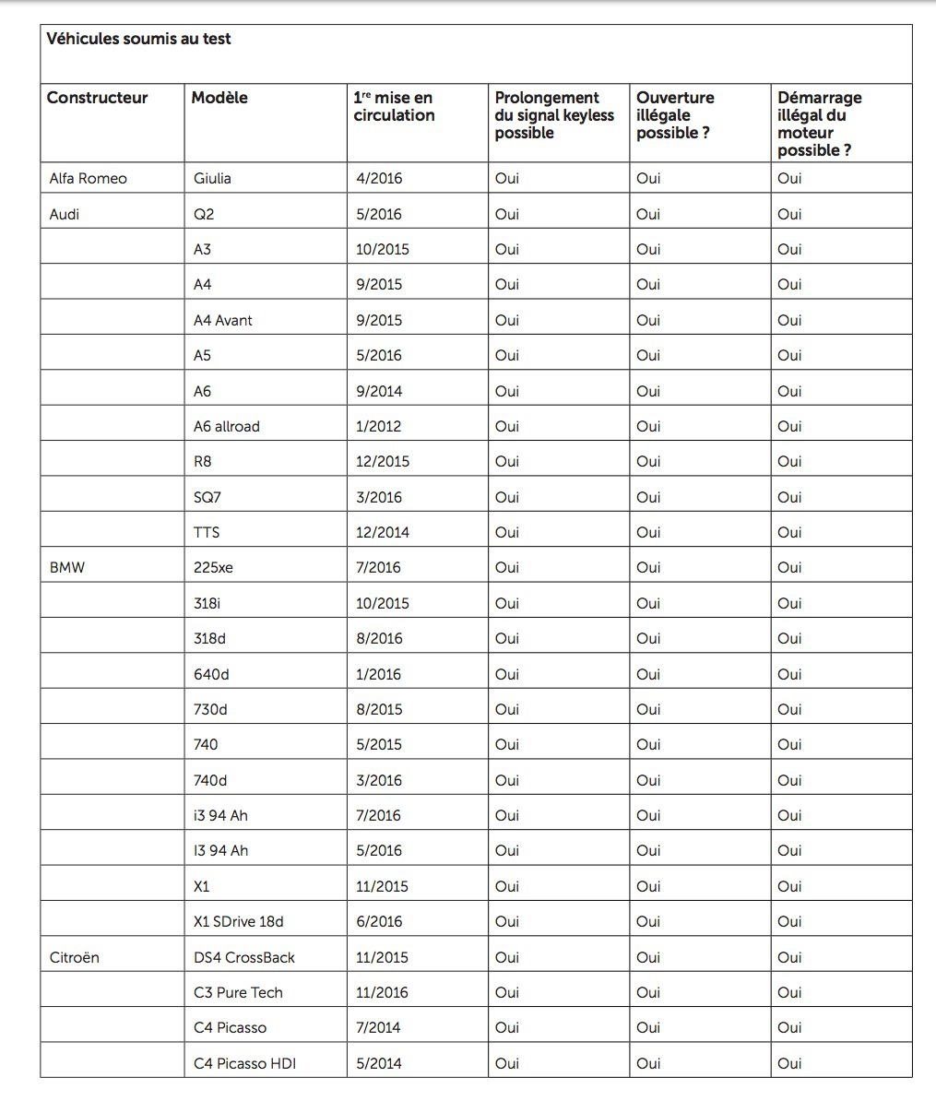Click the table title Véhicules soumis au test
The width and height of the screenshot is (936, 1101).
138,40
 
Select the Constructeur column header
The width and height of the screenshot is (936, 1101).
97,98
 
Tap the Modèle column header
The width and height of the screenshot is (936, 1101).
219,98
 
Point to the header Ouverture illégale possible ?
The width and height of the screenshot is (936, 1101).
675,115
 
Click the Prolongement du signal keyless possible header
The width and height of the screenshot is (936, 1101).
554,115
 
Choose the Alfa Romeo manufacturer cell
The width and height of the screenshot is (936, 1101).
88,179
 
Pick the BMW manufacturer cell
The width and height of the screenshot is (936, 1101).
66,568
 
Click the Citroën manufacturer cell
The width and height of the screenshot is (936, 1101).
74,957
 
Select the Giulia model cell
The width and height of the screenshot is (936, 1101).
212,179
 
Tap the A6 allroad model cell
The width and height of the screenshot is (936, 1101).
227,426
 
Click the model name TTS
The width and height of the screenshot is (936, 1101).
207,532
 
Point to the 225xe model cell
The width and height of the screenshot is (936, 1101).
213,568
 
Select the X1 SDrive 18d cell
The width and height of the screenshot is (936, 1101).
239,921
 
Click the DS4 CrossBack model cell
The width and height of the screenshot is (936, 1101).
244,957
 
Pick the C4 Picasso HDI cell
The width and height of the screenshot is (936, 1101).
244,1063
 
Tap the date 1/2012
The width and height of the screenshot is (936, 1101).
379,426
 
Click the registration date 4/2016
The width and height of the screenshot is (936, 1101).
379,179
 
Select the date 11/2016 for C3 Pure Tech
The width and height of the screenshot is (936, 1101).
383,992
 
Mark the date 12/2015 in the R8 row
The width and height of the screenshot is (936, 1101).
383,461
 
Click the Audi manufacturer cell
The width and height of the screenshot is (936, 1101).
65,214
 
